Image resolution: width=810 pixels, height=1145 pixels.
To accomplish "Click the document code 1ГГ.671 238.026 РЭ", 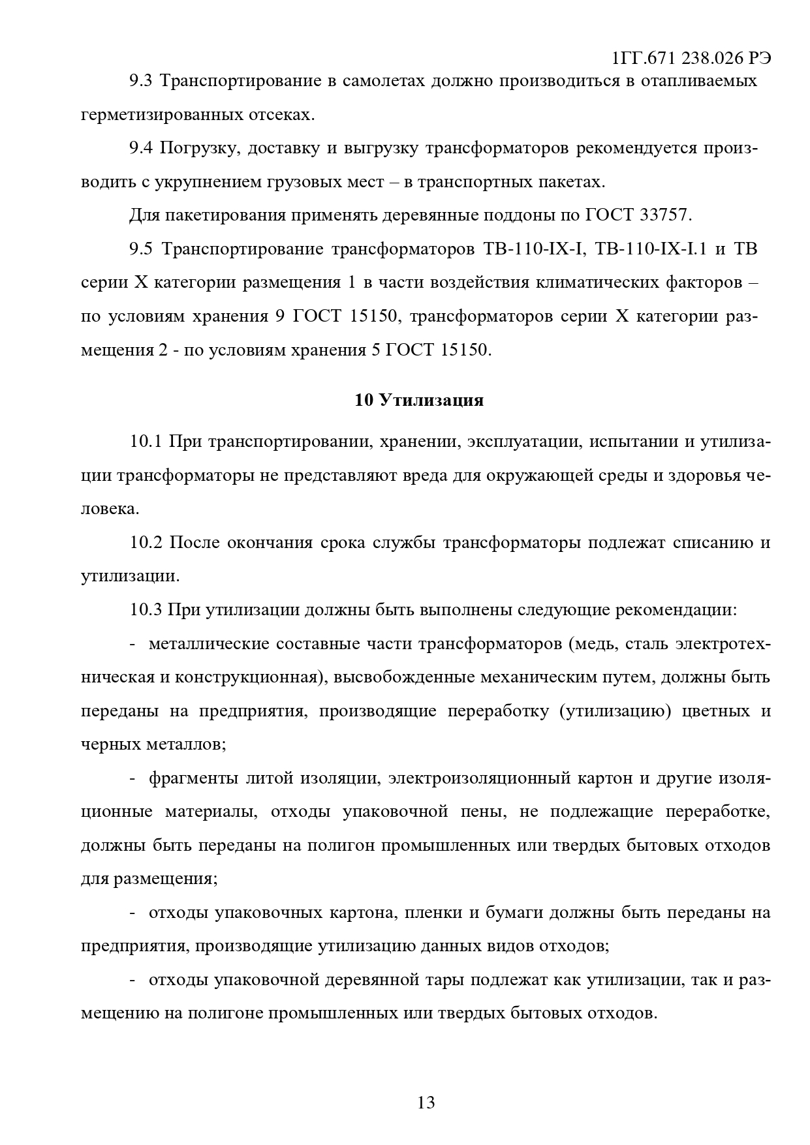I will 691,58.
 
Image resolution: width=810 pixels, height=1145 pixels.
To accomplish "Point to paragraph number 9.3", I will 140,81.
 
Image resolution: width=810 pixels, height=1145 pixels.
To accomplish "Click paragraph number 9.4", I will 140,148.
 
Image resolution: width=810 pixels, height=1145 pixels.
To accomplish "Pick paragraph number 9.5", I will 140,249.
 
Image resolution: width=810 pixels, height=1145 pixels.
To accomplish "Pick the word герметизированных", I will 161,115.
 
